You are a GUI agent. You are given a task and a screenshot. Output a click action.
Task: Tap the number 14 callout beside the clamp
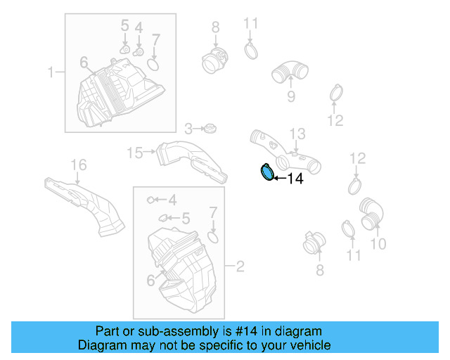coord(295,179)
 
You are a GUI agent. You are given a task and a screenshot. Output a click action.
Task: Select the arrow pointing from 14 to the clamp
coord(278,179)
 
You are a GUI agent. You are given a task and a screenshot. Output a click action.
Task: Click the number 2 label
coord(240,266)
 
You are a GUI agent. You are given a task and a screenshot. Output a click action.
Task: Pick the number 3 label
coord(188,129)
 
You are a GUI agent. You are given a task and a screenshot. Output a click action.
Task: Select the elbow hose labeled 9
coord(288,73)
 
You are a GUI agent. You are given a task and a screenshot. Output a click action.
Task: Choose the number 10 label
coord(378,244)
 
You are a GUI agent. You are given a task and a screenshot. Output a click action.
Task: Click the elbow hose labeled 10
coord(371,213)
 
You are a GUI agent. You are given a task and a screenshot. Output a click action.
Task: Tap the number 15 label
coord(134,152)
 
